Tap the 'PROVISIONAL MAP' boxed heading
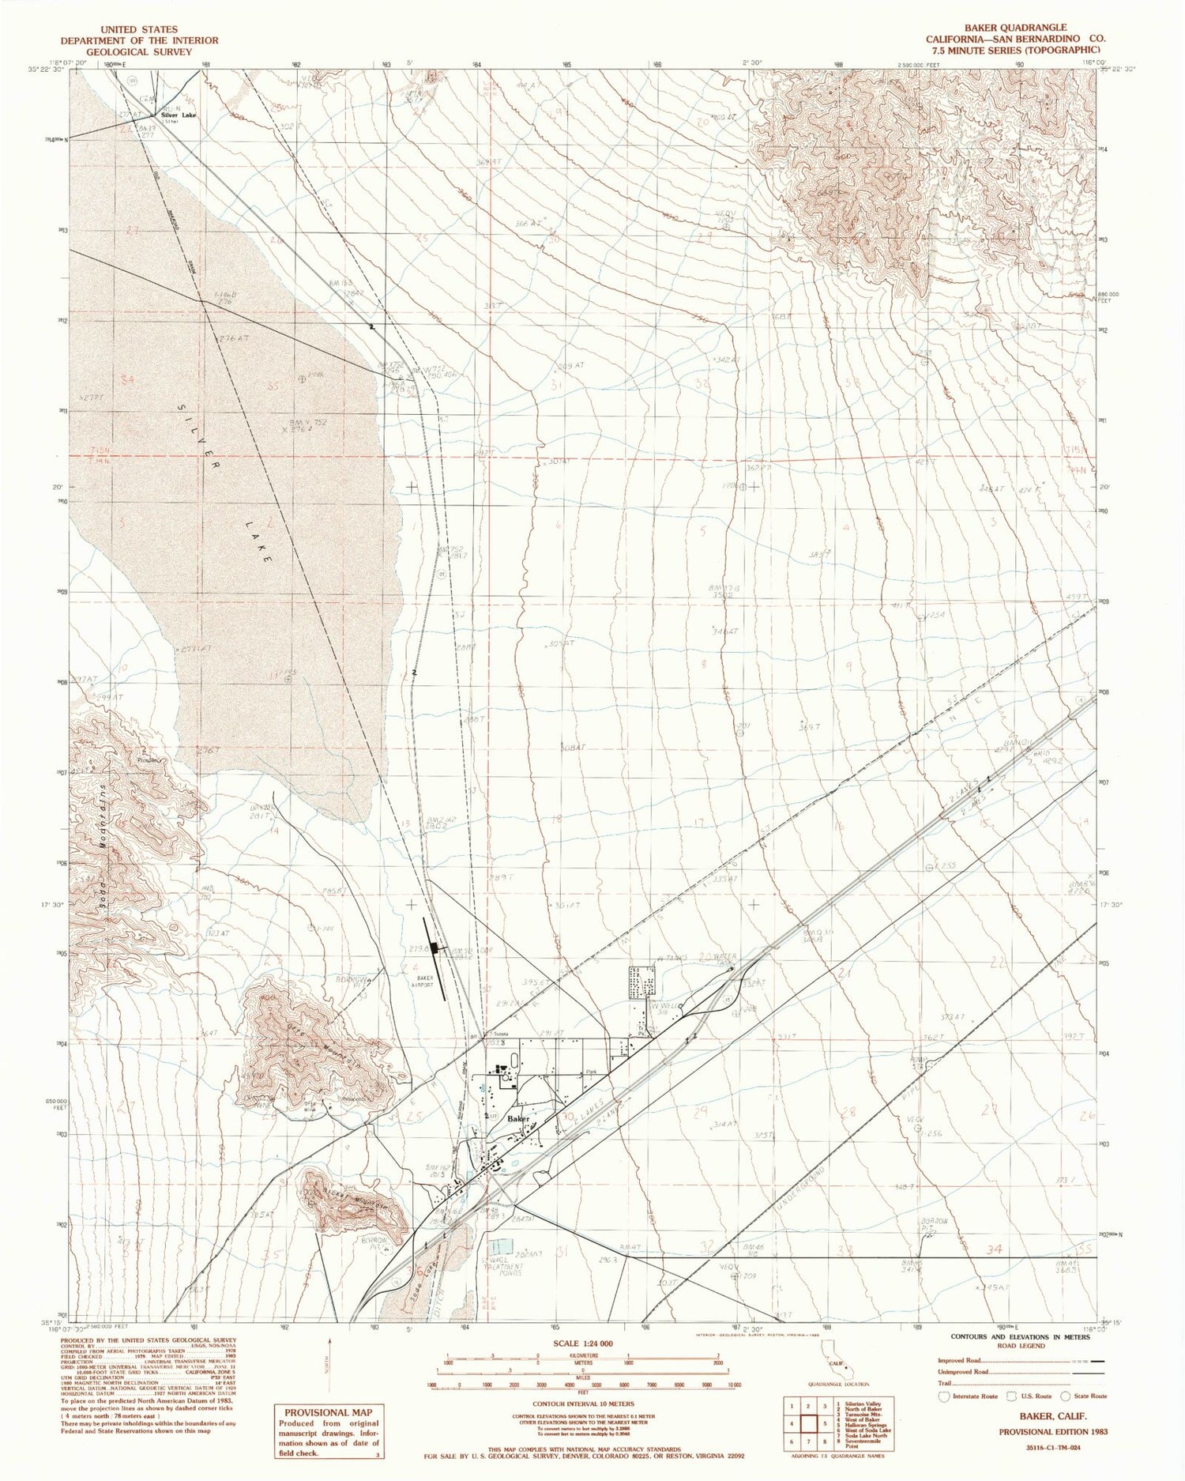328,1412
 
